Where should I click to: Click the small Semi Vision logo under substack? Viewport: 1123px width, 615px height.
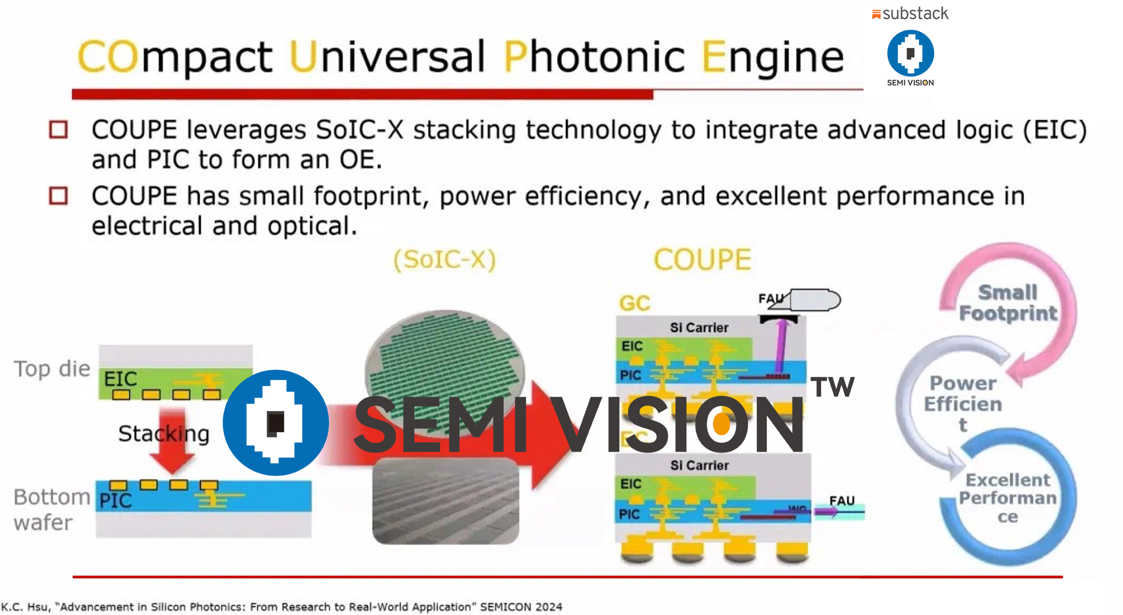[910, 53]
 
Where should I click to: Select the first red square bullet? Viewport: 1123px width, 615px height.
[58, 129]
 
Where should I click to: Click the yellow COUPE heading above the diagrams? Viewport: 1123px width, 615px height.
[702, 260]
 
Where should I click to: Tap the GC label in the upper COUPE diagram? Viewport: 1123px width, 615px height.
[635, 303]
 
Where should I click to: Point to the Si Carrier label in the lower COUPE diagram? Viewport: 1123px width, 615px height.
[699, 466]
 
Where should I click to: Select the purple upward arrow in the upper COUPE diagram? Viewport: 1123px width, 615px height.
[781, 344]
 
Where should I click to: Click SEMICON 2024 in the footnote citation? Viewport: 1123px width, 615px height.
[521, 607]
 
